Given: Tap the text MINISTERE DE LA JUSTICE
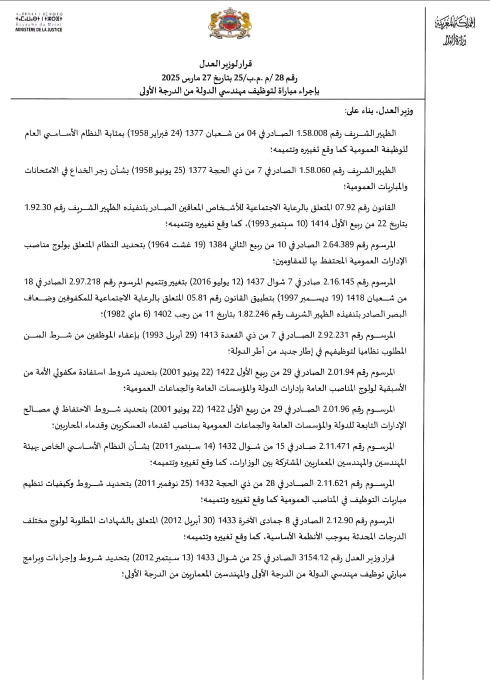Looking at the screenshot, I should [39, 30].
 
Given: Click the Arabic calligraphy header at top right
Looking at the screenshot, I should [455, 31].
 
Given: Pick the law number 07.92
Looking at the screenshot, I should [346, 208].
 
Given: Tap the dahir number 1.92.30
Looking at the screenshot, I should [38, 208].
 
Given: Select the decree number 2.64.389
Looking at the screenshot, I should [338, 245].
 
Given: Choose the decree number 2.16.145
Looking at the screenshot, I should [338, 282].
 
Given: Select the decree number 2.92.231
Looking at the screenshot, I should [333, 335].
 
